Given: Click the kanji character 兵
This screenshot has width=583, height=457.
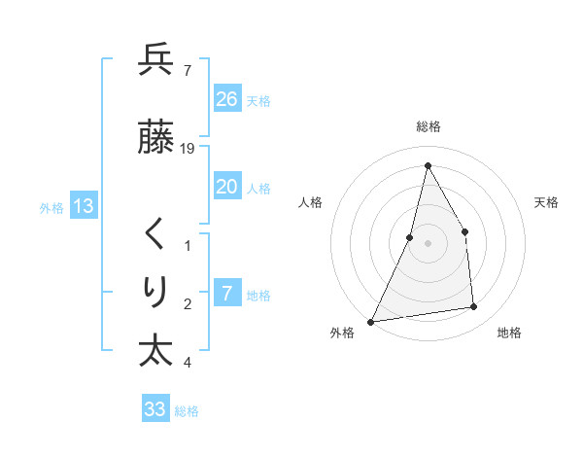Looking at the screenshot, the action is pyautogui.click(x=155, y=60).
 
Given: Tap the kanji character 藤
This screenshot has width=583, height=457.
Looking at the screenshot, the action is pyautogui.click(x=155, y=138).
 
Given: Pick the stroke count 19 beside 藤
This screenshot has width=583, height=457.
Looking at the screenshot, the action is pyautogui.click(x=189, y=149).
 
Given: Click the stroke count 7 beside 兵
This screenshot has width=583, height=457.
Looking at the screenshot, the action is pyautogui.click(x=187, y=70).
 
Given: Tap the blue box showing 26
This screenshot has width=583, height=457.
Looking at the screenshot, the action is pyautogui.click(x=227, y=98).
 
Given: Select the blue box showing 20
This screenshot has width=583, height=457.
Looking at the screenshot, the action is pyautogui.click(x=227, y=186).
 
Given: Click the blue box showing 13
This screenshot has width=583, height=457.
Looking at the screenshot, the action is pyautogui.click(x=83, y=205).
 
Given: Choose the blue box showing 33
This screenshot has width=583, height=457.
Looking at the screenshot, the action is pyautogui.click(x=155, y=409).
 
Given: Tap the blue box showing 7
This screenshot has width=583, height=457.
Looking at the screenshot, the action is pyautogui.click(x=227, y=293).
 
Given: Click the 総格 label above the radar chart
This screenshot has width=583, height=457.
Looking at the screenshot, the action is pyautogui.click(x=429, y=126).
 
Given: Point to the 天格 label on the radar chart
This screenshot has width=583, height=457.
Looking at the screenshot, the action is pyautogui.click(x=546, y=202).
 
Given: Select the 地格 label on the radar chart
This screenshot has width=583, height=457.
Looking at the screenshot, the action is pyautogui.click(x=509, y=333).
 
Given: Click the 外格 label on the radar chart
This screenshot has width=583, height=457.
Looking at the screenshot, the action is pyautogui.click(x=342, y=333).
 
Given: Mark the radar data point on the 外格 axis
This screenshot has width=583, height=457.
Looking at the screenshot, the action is pyautogui.click(x=370, y=322).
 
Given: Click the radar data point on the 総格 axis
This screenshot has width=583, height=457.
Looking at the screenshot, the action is pyautogui.click(x=428, y=165).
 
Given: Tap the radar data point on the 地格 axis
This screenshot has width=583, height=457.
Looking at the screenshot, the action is pyautogui.click(x=474, y=307).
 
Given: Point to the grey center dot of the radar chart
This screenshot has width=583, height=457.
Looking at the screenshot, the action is pyautogui.click(x=428, y=243).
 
